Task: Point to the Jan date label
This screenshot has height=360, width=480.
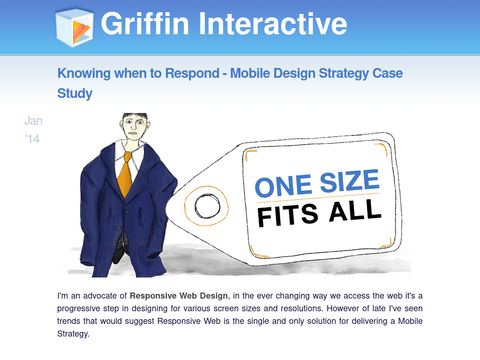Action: pos(33,120)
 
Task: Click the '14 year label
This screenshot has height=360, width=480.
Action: pos(33,141)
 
